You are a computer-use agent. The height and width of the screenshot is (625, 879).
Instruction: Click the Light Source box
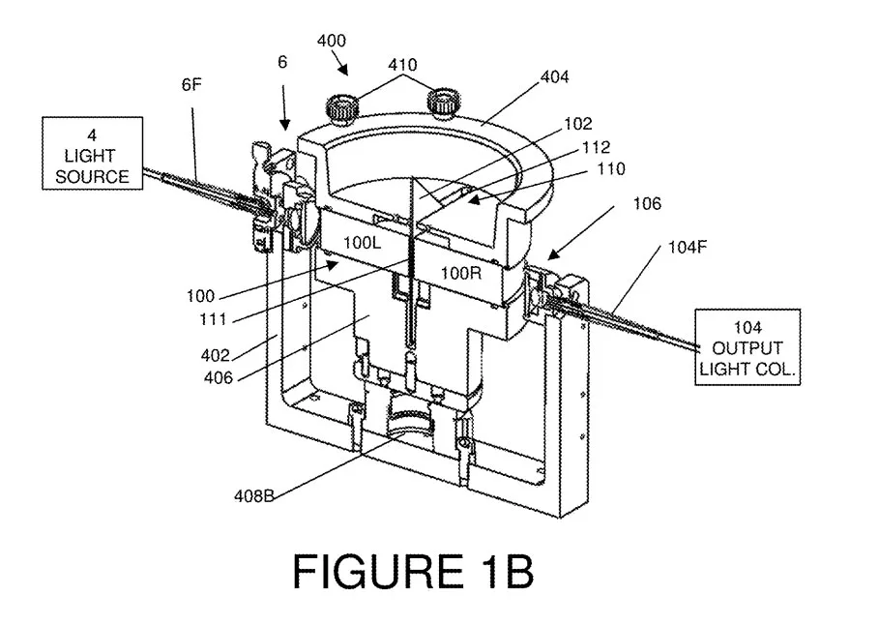tap(93, 153)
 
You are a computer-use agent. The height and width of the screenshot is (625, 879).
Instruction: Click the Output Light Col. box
tap(747, 347)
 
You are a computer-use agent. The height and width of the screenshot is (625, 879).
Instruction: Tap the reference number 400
tap(332, 41)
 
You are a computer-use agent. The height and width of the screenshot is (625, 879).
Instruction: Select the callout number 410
tap(402, 65)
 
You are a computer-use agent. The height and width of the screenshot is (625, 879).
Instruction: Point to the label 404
tap(554, 76)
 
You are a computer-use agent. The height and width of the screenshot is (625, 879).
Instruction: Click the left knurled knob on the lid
tap(342, 106)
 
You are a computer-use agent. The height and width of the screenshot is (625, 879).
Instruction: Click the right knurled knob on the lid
tap(444, 103)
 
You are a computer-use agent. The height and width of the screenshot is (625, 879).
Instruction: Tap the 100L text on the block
tap(362, 243)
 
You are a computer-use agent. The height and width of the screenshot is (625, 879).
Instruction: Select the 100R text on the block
tap(461, 273)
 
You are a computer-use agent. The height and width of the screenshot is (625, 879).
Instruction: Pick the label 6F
tap(191, 84)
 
